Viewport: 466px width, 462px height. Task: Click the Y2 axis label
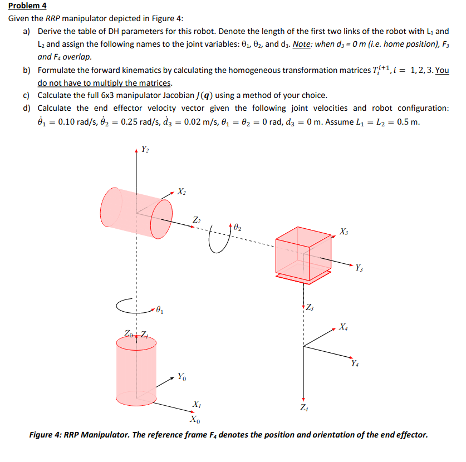tap(145, 149)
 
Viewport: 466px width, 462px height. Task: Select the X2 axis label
tap(182, 193)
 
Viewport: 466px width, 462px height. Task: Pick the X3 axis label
tap(345, 231)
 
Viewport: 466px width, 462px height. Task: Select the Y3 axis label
tap(360, 270)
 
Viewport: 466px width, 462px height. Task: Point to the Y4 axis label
tap(355, 364)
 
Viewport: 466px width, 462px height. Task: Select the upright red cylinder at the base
tap(136, 365)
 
